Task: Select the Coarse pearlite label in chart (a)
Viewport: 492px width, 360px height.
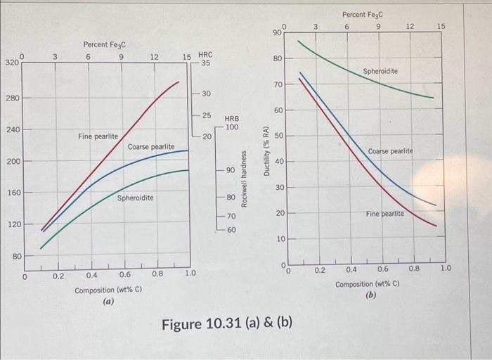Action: [x=150, y=146]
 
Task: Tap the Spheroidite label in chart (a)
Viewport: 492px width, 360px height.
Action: [x=135, y=198]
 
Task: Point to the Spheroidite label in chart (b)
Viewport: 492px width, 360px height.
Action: [x=380, y=72]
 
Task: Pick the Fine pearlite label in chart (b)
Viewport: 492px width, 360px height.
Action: [x=384, y=212]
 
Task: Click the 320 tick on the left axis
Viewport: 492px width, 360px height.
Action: [x=12, y=63]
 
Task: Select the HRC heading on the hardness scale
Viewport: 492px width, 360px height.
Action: [x=205, y=53]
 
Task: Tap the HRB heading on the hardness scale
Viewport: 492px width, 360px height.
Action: [x=231, y=120]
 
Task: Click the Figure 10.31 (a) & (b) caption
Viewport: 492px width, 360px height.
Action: [x=227, y=324]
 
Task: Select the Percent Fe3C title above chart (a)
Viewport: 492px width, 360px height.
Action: [x=103, y=44]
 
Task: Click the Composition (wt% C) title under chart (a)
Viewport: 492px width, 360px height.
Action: [x=108, y=289]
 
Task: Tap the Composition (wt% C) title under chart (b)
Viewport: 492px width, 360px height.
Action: [x=368, y=284]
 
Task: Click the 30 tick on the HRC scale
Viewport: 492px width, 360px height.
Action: [x=206, y=94]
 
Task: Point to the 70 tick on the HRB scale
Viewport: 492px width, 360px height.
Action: [x=231, y=217]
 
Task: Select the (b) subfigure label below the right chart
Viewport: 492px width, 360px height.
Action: [x=371, y=295]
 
